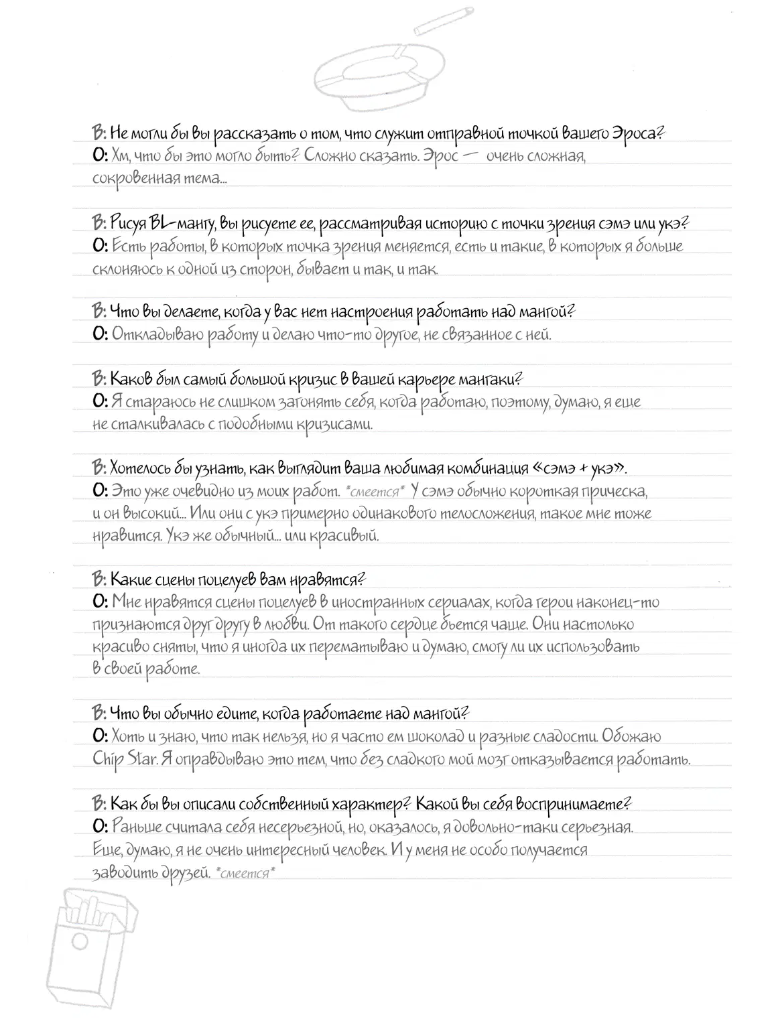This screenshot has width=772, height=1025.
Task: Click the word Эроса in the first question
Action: tap(636, 133)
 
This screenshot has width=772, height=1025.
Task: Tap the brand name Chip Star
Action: tap(123, 760)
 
